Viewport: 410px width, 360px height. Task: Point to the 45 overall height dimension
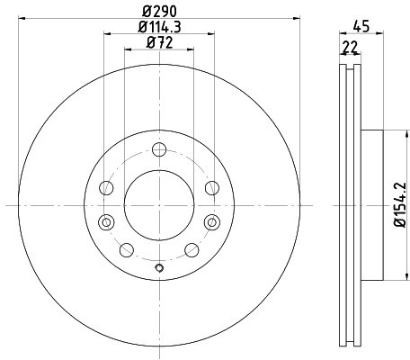(361, 25)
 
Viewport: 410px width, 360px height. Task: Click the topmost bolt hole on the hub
(159, 150)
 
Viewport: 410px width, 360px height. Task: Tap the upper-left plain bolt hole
(107, 187)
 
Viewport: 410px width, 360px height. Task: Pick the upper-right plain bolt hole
(211, 187)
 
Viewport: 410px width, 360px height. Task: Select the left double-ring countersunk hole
(106, 221)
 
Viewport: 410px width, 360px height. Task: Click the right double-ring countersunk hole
(212, 221)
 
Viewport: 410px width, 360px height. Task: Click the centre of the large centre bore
(159, 205)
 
